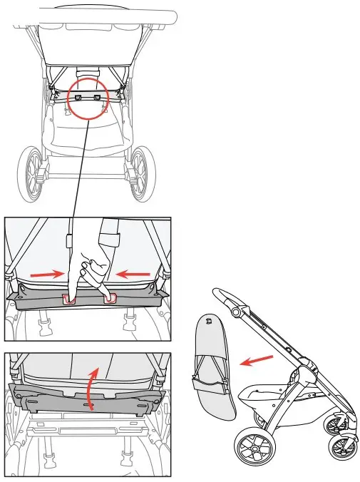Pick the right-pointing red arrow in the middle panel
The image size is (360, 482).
pyautogui.click(x=43, y=272)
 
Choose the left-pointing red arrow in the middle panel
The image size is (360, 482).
pyautogui.click(x=134, y=272)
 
